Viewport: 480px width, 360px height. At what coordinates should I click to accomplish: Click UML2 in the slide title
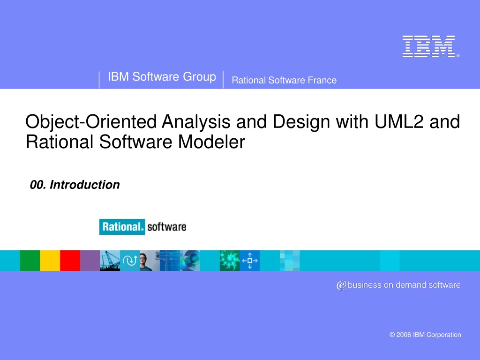(x=399, y=121)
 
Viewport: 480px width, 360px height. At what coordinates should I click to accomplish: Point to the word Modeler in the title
(x=211, y=142)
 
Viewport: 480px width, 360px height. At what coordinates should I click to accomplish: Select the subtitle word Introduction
(x=84, y=185)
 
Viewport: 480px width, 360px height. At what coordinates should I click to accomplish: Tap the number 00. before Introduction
(x=38, y=185)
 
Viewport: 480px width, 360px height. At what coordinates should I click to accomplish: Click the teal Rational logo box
(x=122, y=227)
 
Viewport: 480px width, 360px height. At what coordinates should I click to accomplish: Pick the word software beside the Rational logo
(x=167, y=227)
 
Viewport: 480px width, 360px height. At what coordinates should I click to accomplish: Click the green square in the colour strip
(x=30, y=261)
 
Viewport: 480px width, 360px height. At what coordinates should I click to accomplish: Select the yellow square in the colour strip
(x=50, y=261)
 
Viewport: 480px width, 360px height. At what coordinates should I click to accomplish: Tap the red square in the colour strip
(x=70, y=261)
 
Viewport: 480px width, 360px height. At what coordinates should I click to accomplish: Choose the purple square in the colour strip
(x=90, y=261)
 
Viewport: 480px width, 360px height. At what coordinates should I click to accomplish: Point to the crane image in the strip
(x=110, y=261)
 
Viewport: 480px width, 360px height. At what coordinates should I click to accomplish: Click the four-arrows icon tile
(x=250, y=261)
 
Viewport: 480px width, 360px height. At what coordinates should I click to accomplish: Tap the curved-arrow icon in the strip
(x=130, y=261)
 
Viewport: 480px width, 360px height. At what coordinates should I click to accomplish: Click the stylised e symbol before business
(x=342, y=285)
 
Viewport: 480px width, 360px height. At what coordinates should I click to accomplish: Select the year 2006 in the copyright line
(x=404, y=335)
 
